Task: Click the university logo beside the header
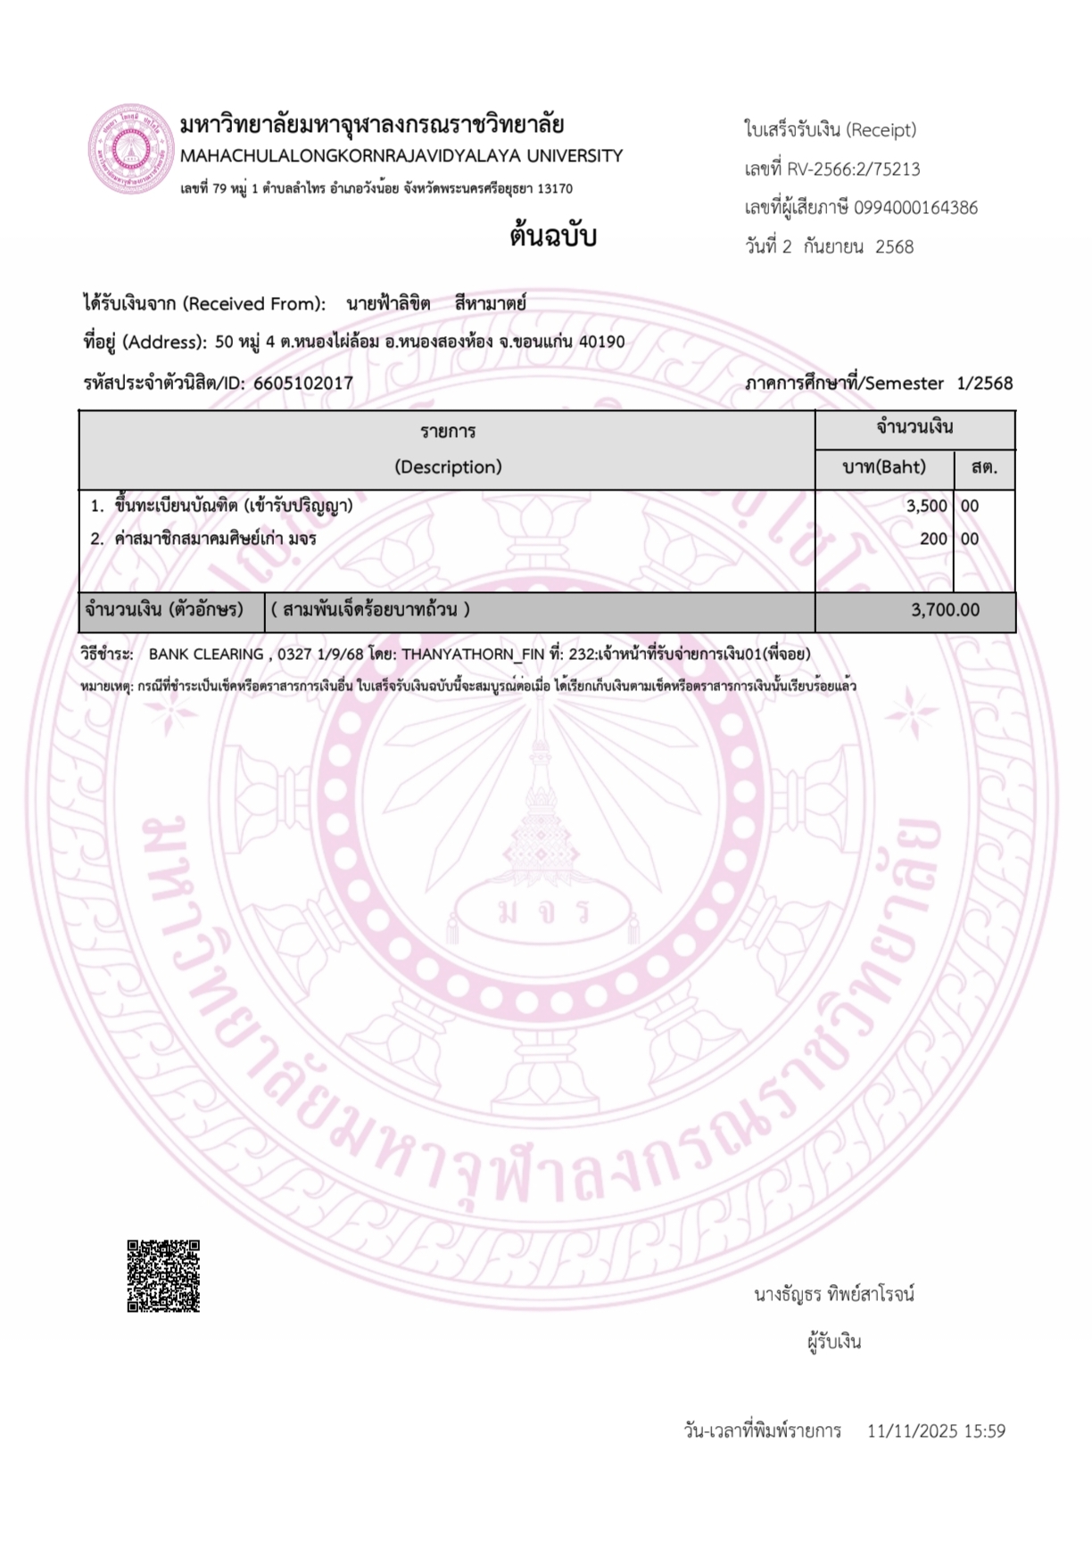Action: click(130, 149)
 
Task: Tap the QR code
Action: click(163, 1275)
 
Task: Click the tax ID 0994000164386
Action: click(915, 208)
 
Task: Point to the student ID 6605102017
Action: click(303, 383)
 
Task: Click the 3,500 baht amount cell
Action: click(926, 506)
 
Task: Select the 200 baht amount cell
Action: click(933, 539)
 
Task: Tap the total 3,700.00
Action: click(945, 610)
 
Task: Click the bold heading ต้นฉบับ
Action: click(553, 236)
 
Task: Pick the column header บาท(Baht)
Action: click(884, 466)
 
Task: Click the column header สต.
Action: click(984, 466)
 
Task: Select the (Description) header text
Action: click(448, 466)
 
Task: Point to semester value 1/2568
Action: click(985, 383)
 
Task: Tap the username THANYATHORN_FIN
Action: click(472, 654)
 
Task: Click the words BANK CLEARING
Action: click(206, 654)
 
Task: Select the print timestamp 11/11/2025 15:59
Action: click(936, 1431)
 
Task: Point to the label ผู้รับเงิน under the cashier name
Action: click(834, 1342)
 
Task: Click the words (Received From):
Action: click(254, 304)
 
